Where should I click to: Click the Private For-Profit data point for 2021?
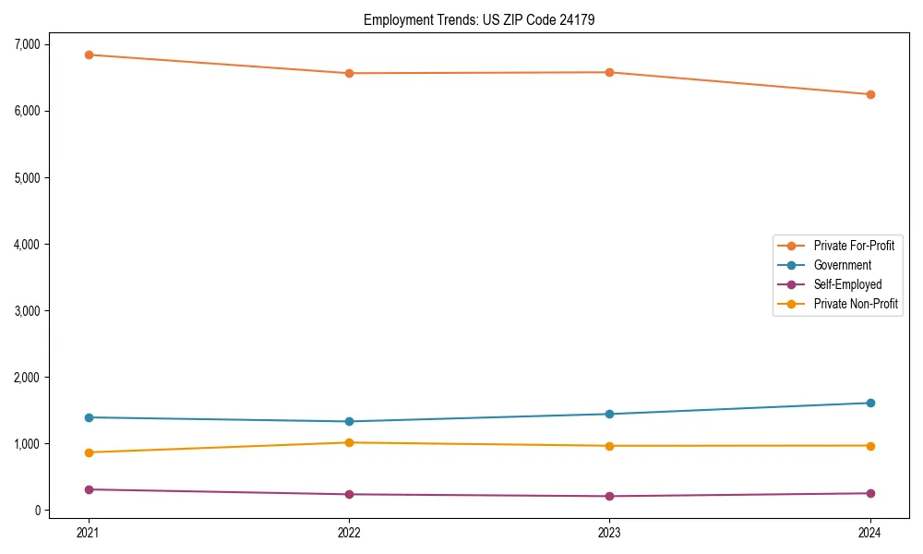pos(89,54)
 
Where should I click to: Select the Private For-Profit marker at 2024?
pos(869,94)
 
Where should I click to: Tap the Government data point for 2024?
pos(869,403)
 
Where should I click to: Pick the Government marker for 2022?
pos(349,421)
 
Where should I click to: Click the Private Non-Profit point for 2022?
pos(349,442)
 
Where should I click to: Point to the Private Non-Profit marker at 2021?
pos(89,452)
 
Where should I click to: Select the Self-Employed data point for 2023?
pos(609,496)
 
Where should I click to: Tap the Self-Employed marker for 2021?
pos(89,489)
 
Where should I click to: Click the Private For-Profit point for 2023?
pos(609,72)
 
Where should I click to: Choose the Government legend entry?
pos(842,265)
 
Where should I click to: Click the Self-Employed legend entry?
pos(847,284)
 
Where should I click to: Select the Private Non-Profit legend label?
pos(856,304)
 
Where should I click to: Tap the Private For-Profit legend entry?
pos(854,246)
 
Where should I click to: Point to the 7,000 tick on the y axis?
pos(27,44)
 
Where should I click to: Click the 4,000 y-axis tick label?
pos(27,245)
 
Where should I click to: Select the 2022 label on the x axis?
pos(349,532)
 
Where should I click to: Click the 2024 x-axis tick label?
pos(869,532)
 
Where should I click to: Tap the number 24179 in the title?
pos(561,19)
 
